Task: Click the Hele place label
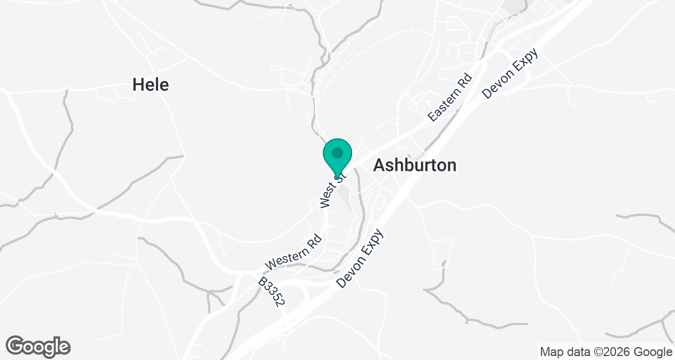pyautogui.click(x=150, y=85)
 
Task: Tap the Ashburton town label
pyautogui.click(x=415, y=165)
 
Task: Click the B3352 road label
pyautogui.click(x=272, y=291)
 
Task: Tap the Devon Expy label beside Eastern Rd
pyautogui.click(x=511, y=73)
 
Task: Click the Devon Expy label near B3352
pyautogui.click(x=360, y=259)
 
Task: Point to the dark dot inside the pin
pyautogui.click(x=337, y=152)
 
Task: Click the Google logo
pyautogui.click(x=38, y=346)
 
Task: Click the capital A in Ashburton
pyautogui.click(x=380, y=165)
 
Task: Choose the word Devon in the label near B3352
pyautogui.click(x=350, y=272)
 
